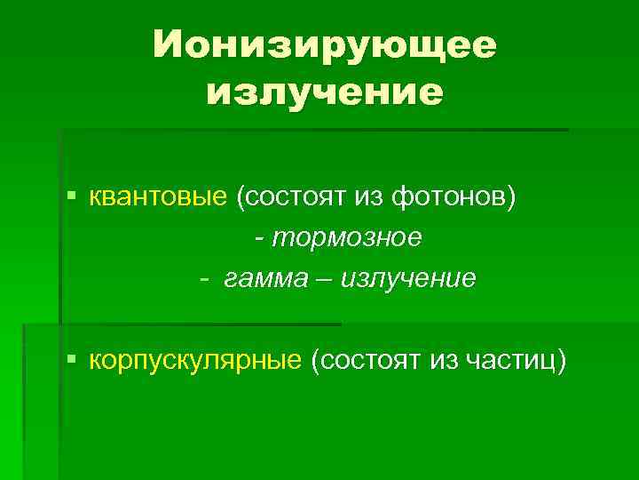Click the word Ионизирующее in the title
tap(324, 44)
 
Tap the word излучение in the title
tap(324, 92)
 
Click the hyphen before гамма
tap(204, 278)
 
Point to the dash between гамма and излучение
tap(320, 278)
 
